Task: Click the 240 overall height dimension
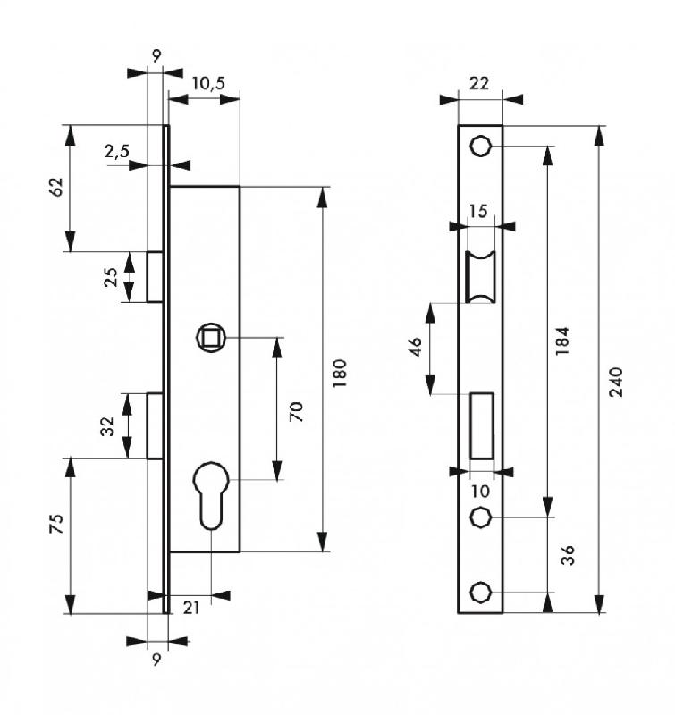616,382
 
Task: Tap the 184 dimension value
561,341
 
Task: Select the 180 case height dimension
338,369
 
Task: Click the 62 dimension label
55,187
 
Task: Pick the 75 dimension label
55,525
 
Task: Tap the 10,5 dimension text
207,83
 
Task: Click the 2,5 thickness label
116,152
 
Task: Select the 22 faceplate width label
479,83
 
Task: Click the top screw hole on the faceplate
481,146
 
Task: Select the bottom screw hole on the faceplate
481,593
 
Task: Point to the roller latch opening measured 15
480,277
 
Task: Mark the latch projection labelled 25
155,276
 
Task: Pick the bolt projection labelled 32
155,425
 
